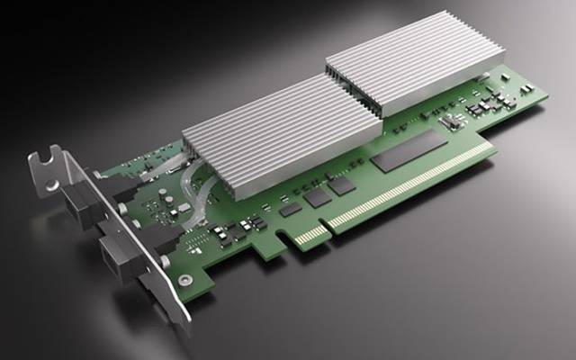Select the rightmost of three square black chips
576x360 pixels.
341,184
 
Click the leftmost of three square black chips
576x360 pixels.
290,208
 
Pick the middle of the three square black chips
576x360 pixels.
316,196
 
